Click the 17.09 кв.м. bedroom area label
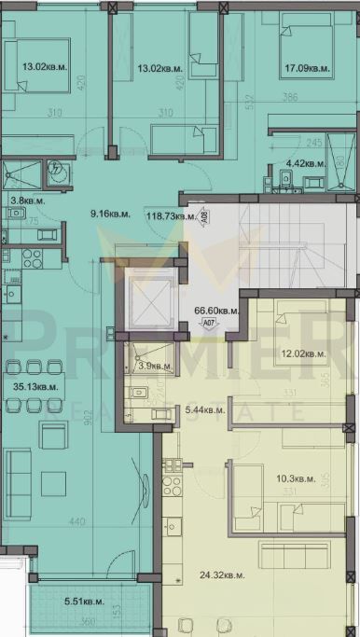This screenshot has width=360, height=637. coord(307,67)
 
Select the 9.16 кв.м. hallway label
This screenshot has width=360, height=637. coord(109,215)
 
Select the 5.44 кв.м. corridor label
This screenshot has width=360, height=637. coord(205,409)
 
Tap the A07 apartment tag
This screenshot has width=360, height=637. coord(210,326)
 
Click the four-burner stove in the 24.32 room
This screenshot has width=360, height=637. coord(172,485)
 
